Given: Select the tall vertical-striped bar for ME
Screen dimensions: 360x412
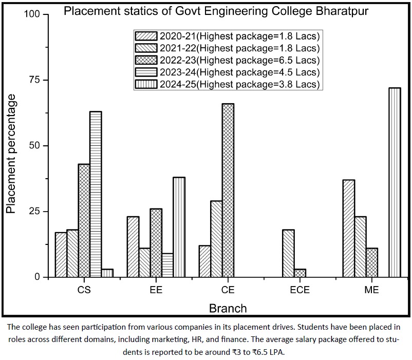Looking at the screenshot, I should pos(395,182).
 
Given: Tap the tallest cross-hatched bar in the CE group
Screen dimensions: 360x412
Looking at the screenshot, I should pos(228,190).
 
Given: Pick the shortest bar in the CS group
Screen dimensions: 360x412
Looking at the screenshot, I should pos(107,273).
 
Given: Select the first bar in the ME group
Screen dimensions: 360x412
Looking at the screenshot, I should pos(348,229).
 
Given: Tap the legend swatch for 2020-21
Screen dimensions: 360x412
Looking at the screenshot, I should pos(145,36).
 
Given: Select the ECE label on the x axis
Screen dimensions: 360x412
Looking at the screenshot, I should pos(299,290).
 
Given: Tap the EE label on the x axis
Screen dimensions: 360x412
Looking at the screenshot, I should pos(156,290).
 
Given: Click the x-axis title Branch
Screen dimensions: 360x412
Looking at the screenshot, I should pos(228,309).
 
